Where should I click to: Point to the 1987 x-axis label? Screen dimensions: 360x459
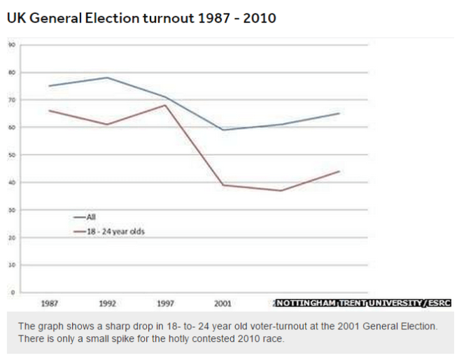pos(50,304)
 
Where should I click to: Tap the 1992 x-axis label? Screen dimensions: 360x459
pos(107,304)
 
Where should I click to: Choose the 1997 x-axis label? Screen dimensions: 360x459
pos(165,304)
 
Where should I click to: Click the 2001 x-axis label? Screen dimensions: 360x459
pos(223,304)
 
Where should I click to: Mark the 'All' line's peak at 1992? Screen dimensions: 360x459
pos(107,78)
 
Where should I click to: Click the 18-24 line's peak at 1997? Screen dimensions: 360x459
pos(165,105)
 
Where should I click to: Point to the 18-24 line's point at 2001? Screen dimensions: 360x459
pos(223,185)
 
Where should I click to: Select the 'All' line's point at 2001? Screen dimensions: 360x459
pos(223,129)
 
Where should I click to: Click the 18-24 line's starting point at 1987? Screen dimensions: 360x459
pos(50,110)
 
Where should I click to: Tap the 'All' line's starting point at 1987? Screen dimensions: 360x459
pos(50,86)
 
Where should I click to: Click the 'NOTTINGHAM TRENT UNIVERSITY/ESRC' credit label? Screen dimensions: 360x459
pos(363,303)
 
